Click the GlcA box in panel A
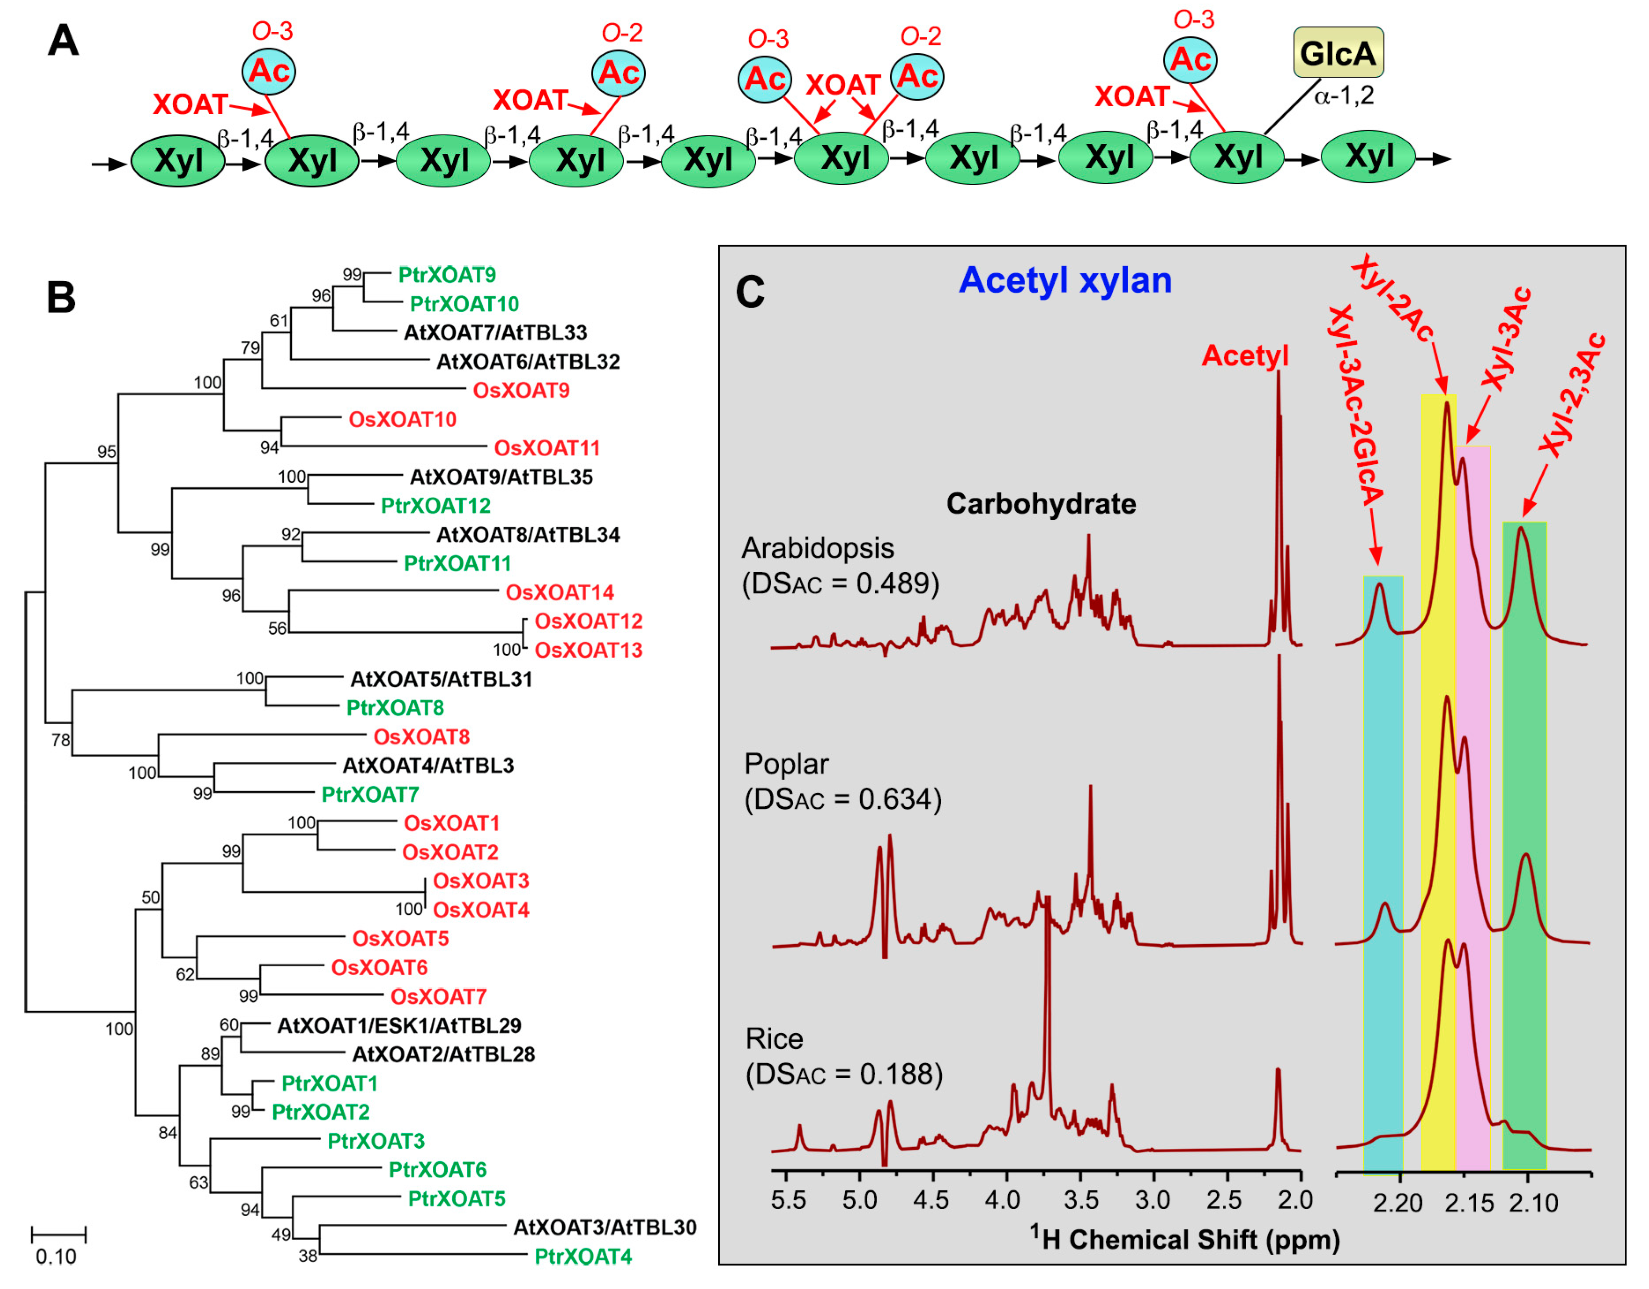point(1338,53)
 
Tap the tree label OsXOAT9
point(521,391)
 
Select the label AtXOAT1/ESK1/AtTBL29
point(399,1025)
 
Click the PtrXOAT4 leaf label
point(583,1256)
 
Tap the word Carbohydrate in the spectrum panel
point(1041,504)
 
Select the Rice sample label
point(775,1039)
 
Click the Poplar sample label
point(787,764)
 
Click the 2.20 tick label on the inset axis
point(1397,1203)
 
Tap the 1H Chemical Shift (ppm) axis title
point(1185,1240)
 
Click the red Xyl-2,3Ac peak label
point(1573,396)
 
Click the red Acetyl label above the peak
point(1245,356)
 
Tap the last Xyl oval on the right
point(1368,157)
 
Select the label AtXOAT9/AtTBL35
point(501,477)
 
